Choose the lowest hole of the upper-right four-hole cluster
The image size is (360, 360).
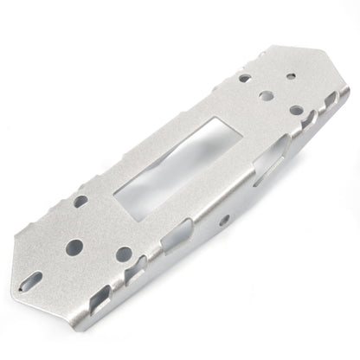[x=296, y=111]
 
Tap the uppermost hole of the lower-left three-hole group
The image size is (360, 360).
[x=80, y=201]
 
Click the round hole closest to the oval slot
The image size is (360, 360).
[x=75, y=246]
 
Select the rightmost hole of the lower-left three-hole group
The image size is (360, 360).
[x=124, y=254]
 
